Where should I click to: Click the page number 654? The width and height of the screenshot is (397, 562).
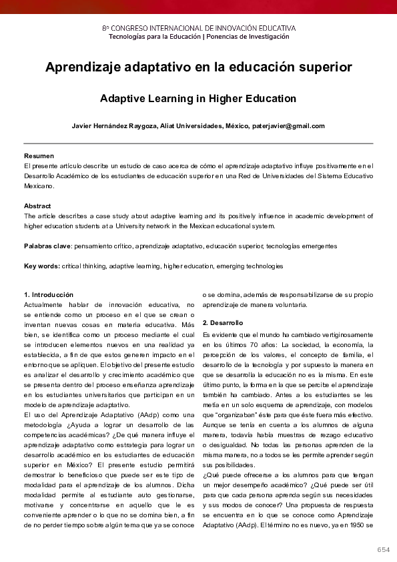pos(383,549)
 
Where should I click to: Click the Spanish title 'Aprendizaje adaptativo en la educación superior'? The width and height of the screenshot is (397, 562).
pos(198,67)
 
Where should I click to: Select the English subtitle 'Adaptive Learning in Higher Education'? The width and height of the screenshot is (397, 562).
pos(198,99)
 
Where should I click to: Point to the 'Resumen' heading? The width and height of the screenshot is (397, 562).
pos(38,156)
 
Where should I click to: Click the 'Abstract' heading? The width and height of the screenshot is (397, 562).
pos(37,206)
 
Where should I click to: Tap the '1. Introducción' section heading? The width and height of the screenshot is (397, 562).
pos(49,295)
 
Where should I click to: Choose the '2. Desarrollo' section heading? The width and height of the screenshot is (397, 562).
pos(223,323)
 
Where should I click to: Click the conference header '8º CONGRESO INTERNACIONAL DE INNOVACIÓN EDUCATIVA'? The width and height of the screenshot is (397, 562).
pos(198,28)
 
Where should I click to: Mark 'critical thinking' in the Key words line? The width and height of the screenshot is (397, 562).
pos(83,266)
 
